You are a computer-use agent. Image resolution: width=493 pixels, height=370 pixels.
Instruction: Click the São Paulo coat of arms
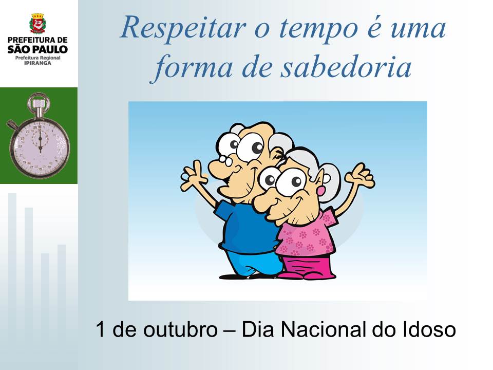(37, 24)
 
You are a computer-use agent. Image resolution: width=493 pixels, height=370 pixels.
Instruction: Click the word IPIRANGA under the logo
(37, 63)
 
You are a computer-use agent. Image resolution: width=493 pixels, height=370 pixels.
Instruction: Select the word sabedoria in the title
(346, 67)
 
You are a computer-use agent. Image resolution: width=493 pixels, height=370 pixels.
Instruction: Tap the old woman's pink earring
(322, 190)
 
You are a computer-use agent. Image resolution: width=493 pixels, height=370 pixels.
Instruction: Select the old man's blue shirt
(245, 227)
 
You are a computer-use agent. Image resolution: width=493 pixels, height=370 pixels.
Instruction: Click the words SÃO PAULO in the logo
(37, 49)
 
